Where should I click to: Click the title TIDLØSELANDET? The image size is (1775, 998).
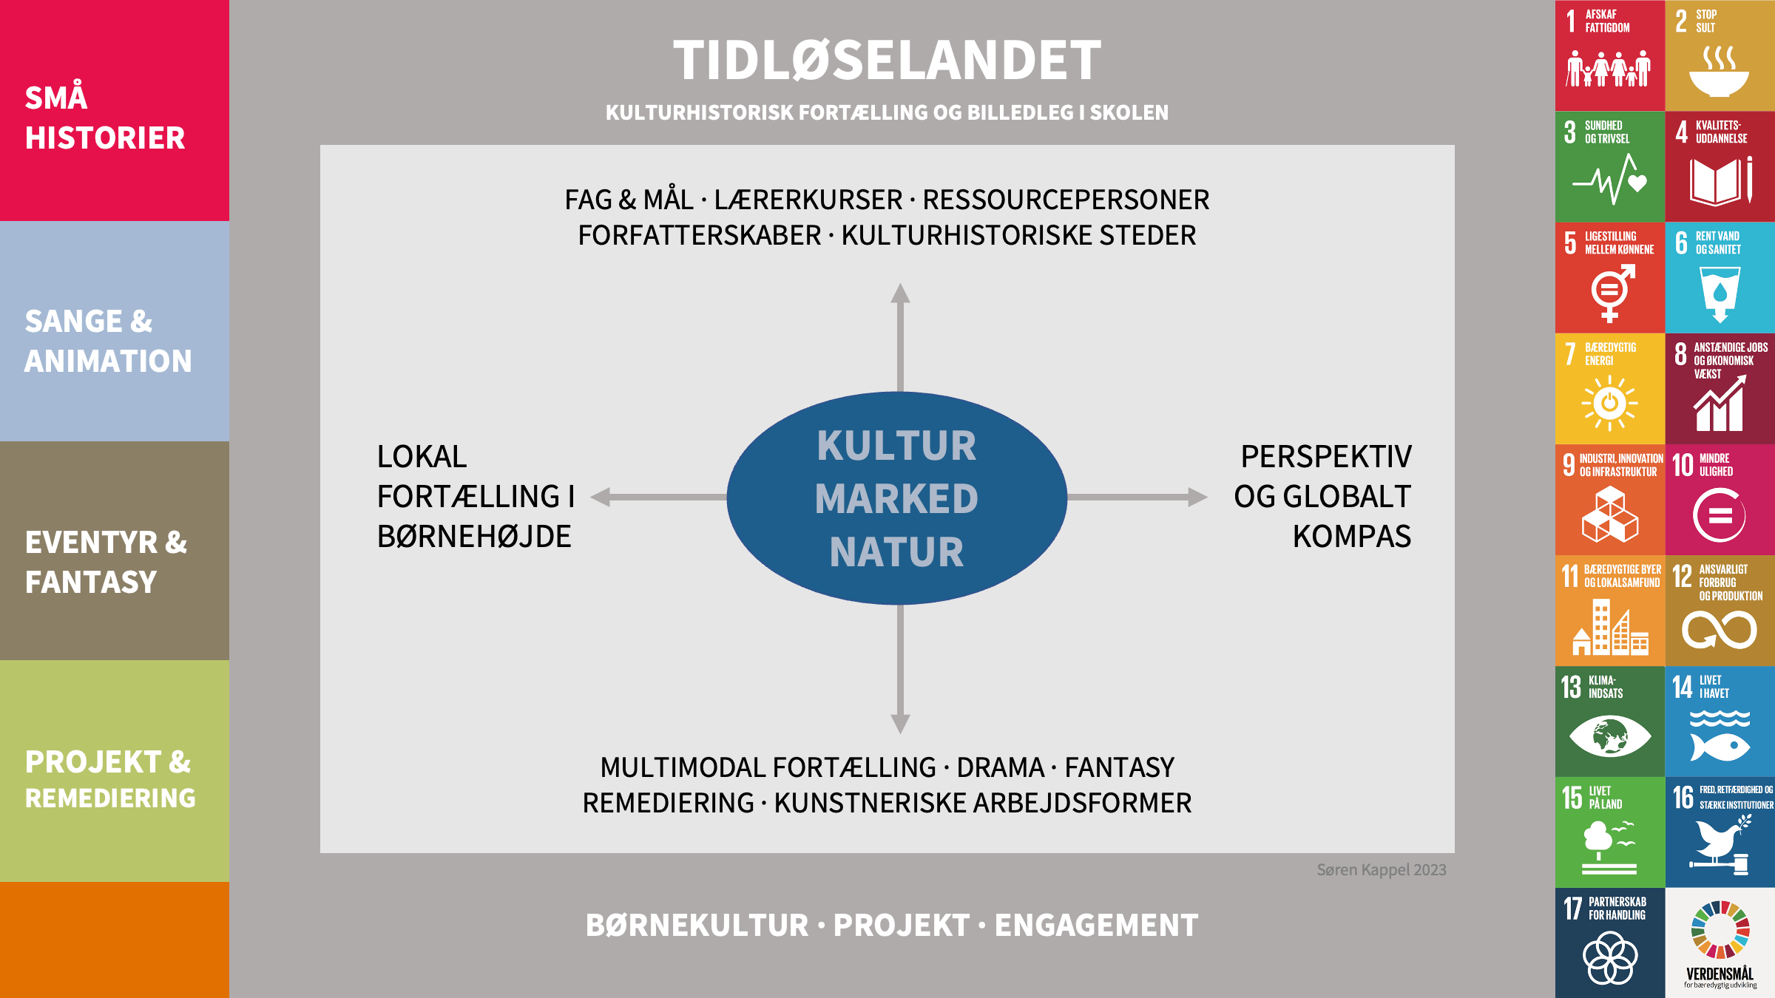coord(887,61)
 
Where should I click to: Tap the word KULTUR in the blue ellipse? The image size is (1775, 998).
coord(896,446)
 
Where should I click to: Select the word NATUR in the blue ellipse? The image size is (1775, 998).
coord(896,552)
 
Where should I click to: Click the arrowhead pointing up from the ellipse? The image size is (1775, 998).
coord(900,293)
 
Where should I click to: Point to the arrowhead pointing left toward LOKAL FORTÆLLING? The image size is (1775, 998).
coord(601,498)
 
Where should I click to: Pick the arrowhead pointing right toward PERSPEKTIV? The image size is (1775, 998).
coord(1198,498)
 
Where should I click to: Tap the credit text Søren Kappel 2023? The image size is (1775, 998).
coord(1382,870)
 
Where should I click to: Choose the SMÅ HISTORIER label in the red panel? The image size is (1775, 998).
coord(105,118)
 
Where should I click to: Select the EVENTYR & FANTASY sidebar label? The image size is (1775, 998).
coord(106,562)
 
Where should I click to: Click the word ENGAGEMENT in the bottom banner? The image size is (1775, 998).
coord(1096,926)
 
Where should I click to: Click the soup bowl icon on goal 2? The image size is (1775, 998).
coord(1720,72)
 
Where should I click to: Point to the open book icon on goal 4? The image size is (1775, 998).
coord(1721,181)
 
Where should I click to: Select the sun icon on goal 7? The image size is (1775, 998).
coord(1609,404)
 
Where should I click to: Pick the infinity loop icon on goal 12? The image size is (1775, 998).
coord(1720,631)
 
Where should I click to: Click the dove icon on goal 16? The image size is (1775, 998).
coord(1720,843)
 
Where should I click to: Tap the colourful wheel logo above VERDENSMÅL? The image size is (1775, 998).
coord(1720,930)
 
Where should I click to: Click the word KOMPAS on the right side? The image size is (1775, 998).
coord(1351,537)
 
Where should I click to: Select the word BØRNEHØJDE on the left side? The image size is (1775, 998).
coord(474,537)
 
